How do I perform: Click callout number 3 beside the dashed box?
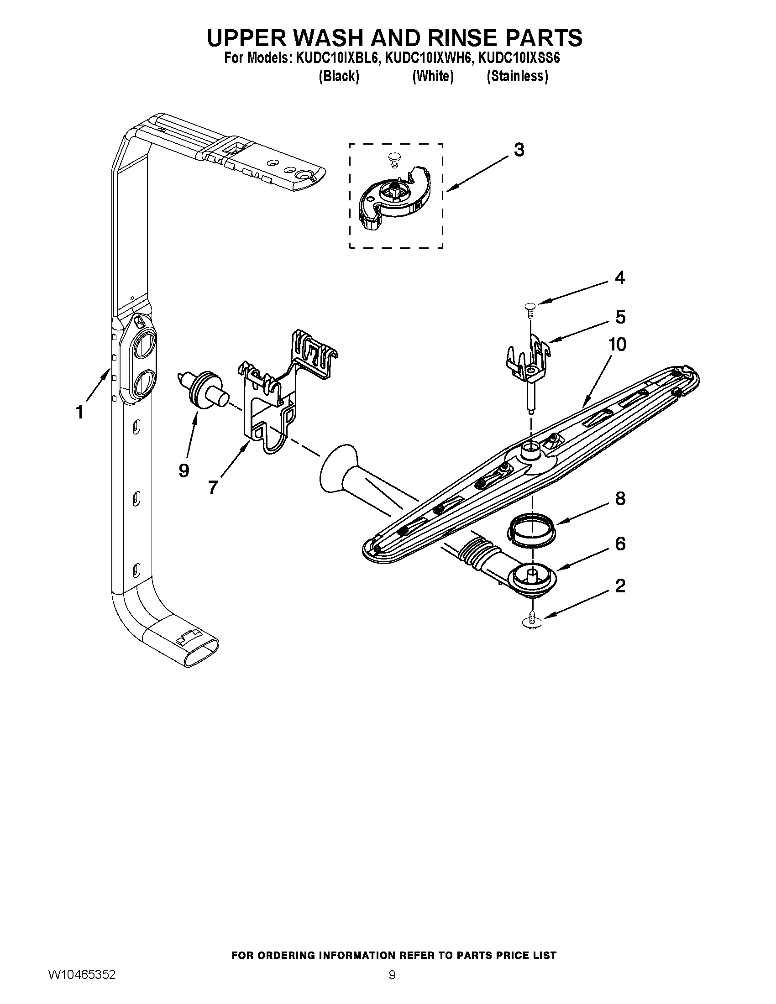pyautogui.click(x=519, y=150)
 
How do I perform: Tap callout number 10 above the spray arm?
pyautogui.click(x=617, y=344)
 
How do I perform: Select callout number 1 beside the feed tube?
pyautogui.click(x=80, y=413)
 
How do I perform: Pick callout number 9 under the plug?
pyautogui.click(x=184, y=470)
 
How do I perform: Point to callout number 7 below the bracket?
pyautogui.click(x=212, y=487)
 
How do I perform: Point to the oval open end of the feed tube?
pyautogui.click(x=201, y=653)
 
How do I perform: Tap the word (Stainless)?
pyautogui.click(x=517, y=76)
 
